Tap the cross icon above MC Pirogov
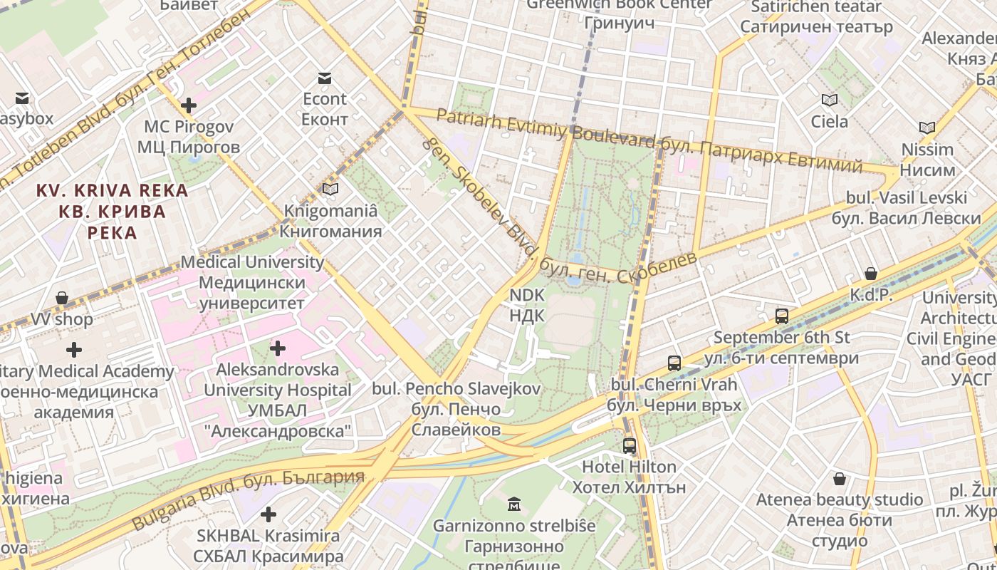point(188,106)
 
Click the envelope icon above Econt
point(325,78)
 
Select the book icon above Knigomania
point(330,189)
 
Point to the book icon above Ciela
point(830,100)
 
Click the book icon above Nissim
point(926,128)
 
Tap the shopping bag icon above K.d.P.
point(871,274)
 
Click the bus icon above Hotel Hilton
point(629,446)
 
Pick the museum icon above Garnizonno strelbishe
point(514,505)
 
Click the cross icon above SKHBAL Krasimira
point(268,514)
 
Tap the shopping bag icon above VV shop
point(62,298)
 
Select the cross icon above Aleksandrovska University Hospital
point(278,348)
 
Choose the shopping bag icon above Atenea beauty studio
point(840,478)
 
